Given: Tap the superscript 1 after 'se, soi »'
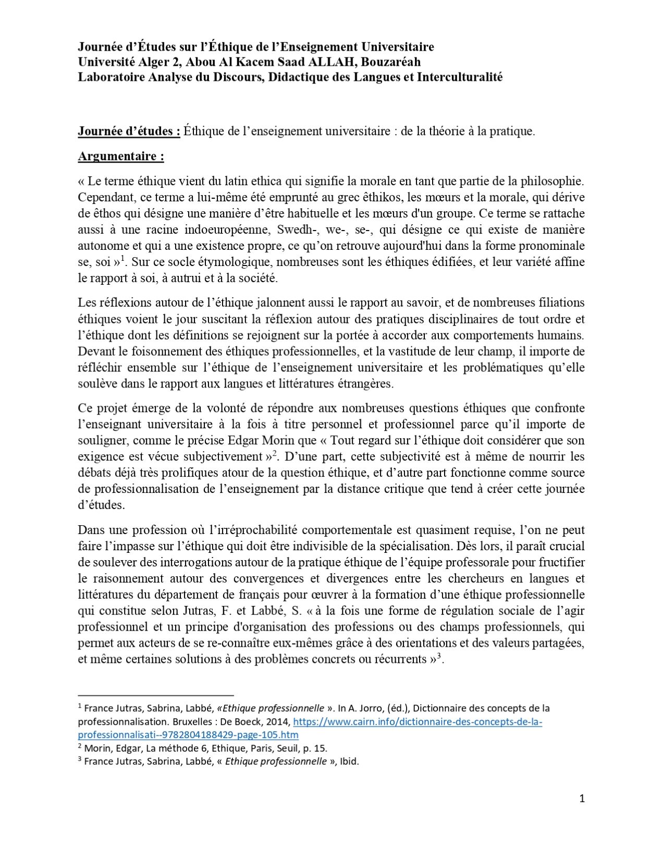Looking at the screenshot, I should [122, 258].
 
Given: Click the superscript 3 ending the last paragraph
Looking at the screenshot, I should [439, 656].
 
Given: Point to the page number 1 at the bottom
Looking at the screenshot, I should [582, 798].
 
